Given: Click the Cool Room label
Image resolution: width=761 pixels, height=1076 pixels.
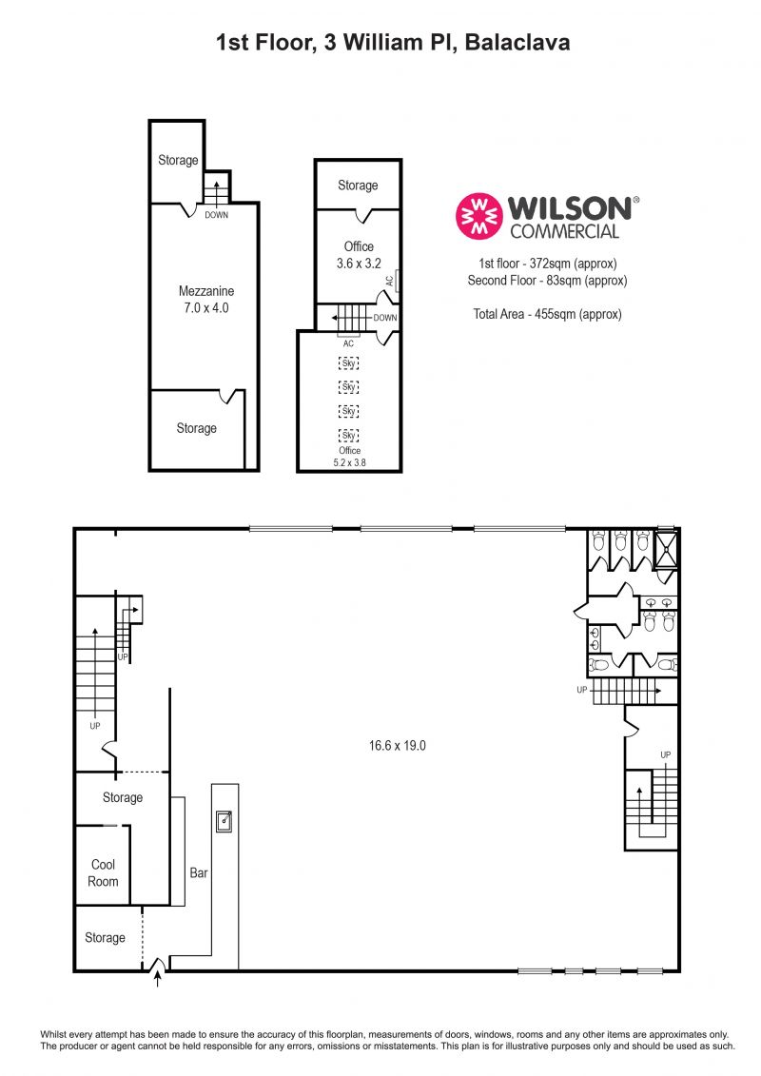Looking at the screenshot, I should click(104, 872).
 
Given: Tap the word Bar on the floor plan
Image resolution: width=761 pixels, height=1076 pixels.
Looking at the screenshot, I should click(198, 871).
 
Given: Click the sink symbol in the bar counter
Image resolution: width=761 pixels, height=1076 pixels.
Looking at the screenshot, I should click(224, 820).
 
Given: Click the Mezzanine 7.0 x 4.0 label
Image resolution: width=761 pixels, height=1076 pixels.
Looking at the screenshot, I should click(206, 299).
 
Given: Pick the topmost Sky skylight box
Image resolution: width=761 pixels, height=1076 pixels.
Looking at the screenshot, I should click(349, 362).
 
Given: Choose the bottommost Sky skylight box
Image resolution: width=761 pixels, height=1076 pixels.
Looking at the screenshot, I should click(349, 435).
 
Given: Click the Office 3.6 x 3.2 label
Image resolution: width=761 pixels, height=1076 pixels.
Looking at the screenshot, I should click(359, 254).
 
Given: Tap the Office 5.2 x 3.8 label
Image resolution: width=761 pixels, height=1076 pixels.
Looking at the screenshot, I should click(349, 456).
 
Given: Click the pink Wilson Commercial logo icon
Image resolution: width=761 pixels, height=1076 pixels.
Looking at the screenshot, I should click(479, 217).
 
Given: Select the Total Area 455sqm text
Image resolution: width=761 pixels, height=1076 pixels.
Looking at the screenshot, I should click(547, 314).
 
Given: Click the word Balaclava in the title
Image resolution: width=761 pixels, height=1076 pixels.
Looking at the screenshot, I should click(518, 42).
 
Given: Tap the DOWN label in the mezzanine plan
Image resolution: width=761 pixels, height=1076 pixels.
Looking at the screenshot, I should click(216, 215).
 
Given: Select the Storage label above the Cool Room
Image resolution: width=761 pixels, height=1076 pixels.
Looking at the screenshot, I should click(123, 797).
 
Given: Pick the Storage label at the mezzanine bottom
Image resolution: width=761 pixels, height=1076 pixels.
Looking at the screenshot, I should click(196, 428).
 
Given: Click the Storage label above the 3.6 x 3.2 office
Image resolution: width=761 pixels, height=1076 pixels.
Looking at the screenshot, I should click(358, 186).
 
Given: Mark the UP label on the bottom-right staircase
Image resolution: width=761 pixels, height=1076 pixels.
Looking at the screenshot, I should click(667, 754).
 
